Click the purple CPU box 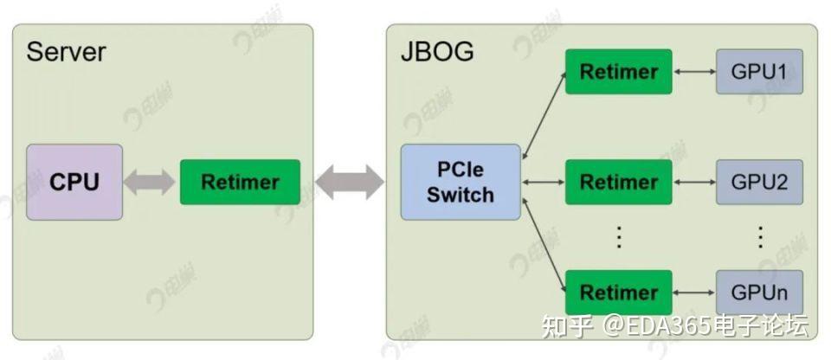74,182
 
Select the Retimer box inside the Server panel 240,182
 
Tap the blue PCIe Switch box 461,182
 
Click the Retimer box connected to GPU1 618,71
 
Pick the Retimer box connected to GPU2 618,182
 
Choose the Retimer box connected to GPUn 618,292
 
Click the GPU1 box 759,71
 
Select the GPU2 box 759,182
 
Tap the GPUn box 759,292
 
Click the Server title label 66,52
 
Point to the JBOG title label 437,52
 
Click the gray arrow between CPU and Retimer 151,182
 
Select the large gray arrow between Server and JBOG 350,182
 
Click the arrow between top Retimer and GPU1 694,71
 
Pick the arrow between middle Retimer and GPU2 694,182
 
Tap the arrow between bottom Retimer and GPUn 694,292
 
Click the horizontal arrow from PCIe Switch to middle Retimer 543,182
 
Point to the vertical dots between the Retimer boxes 618,236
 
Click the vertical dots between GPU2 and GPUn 759,236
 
